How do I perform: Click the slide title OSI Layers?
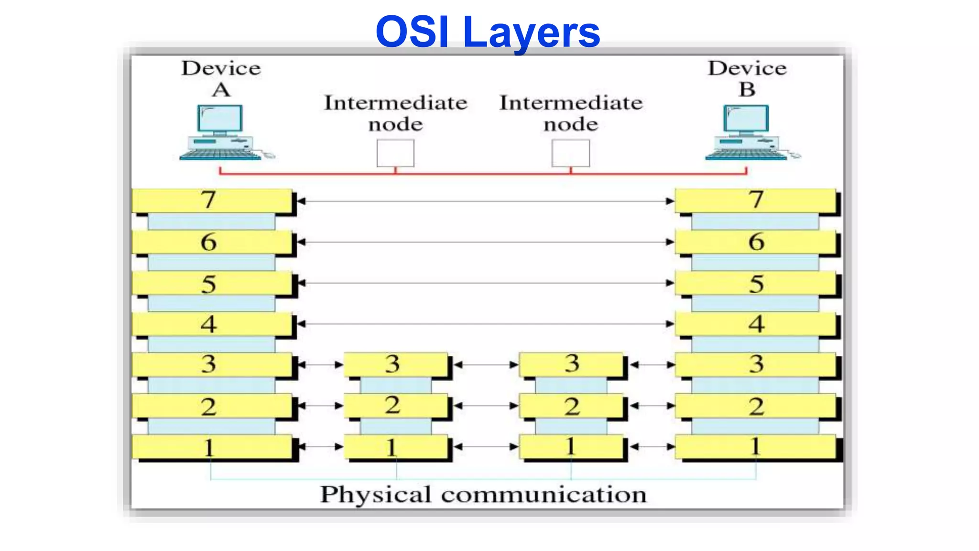pos(488,33)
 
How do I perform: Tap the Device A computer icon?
pos(221,132)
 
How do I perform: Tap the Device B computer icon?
pos(747,132)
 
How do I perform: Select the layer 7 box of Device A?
pos(212,200)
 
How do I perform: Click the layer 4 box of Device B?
pos(755,324)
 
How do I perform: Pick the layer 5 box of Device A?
pos(212,283)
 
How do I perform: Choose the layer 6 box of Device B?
pos(755,242)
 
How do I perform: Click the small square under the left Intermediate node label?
pos(395,153)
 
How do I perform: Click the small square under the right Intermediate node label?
pos(571,153)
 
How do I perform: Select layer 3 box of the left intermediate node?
pos(395,364)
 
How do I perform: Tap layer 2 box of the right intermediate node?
pos(571,406)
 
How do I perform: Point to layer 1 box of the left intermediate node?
pos(395,447)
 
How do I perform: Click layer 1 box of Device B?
pos(755,447)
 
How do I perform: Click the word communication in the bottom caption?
pos(544,495)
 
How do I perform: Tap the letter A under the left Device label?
pos(221,90)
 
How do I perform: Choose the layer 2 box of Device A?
pos(212,407)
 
